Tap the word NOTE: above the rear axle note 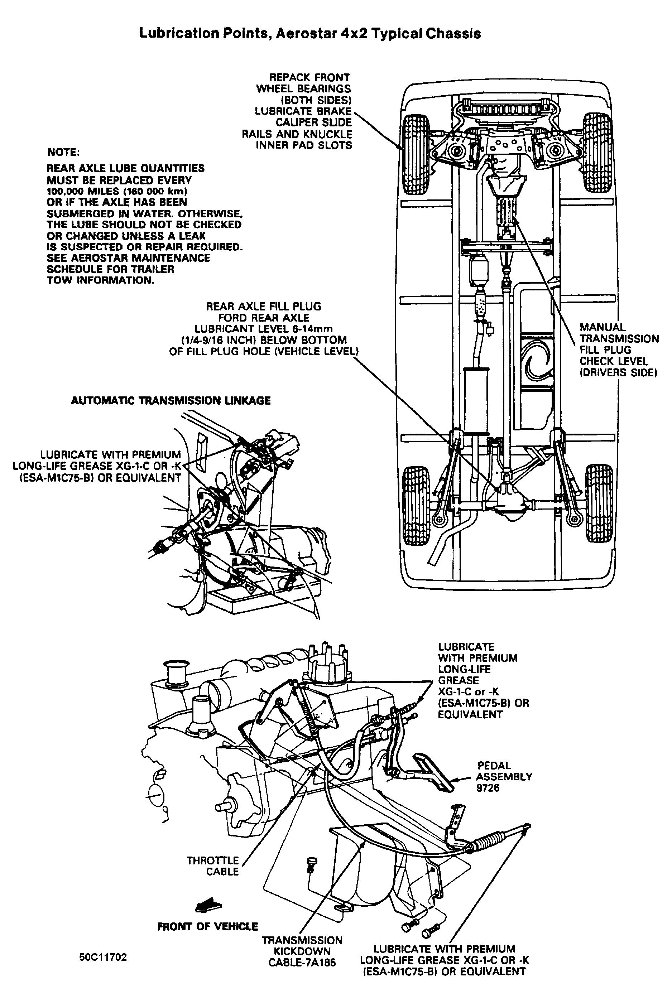point(63,152)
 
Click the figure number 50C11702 point(103,957)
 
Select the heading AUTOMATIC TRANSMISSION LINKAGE point(171,401)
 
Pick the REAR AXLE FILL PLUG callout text point(264,329)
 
